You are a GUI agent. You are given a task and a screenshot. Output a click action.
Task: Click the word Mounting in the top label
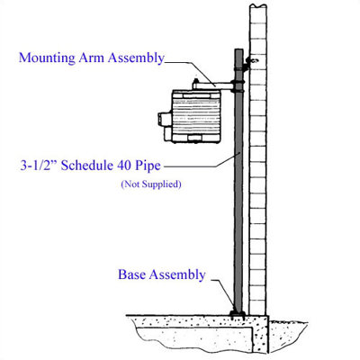[47, 58]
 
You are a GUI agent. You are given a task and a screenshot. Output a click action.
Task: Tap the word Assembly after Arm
[136, 58]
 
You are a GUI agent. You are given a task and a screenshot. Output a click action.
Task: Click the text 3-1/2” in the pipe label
[39, 166]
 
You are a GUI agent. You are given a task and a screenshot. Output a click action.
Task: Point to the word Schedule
[87, 166]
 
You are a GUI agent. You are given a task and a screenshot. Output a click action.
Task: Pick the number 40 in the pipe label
[123, 166]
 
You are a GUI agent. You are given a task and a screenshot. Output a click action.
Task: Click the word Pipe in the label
[147, 166]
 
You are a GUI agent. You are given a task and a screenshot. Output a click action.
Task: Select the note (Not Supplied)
[151, 184]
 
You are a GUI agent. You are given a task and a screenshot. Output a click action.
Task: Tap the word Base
[132, 274]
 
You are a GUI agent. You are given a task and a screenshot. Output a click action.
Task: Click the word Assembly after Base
[177, 275]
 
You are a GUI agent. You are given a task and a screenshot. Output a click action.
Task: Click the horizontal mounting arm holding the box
[213, 85]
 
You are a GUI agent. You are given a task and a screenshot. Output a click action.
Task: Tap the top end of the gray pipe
[238, 49]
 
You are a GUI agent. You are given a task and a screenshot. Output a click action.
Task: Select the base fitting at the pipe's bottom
[238, 313]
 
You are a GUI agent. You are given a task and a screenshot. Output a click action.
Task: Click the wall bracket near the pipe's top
[249, 63]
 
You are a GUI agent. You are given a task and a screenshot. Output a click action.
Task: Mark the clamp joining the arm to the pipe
[238, 85]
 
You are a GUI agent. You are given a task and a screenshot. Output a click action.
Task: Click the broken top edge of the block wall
[257, 6]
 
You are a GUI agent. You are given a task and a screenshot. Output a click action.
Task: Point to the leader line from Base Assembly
[223, 294]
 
